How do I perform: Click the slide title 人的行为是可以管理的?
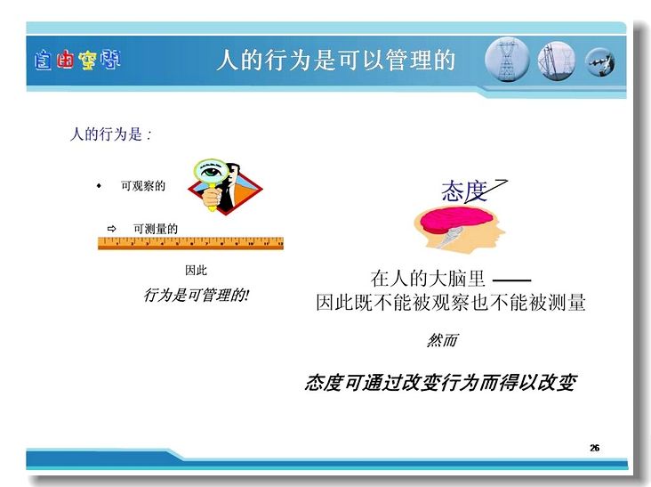click(x=336, y=60)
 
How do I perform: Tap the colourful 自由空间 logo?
click(x=77, y=61)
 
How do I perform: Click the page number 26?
click(x=595, y=448)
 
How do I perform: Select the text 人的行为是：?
click(x=110, y=134)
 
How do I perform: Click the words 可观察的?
click(x=143, y=186)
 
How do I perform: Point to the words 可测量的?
click(x=156, y=229)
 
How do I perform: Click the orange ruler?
click(x=190, y=243)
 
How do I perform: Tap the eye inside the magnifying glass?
click(x=211, y=171)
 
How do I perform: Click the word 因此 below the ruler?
click(x=196, y=271)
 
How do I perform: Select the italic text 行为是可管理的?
click(x=196, y=295)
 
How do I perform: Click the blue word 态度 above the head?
click(x=464, y=191)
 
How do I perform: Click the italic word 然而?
click(x=442, y=340)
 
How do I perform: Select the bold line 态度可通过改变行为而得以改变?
click(x=440, y=383)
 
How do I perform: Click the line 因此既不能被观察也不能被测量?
click(x=451, y=302)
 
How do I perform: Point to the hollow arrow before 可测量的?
click(x=111, y=229)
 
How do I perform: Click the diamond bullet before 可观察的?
click(x=99, y=186)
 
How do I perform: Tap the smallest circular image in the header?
click(x=600, y=62)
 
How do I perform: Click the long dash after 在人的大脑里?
click(x=511, y=280)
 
